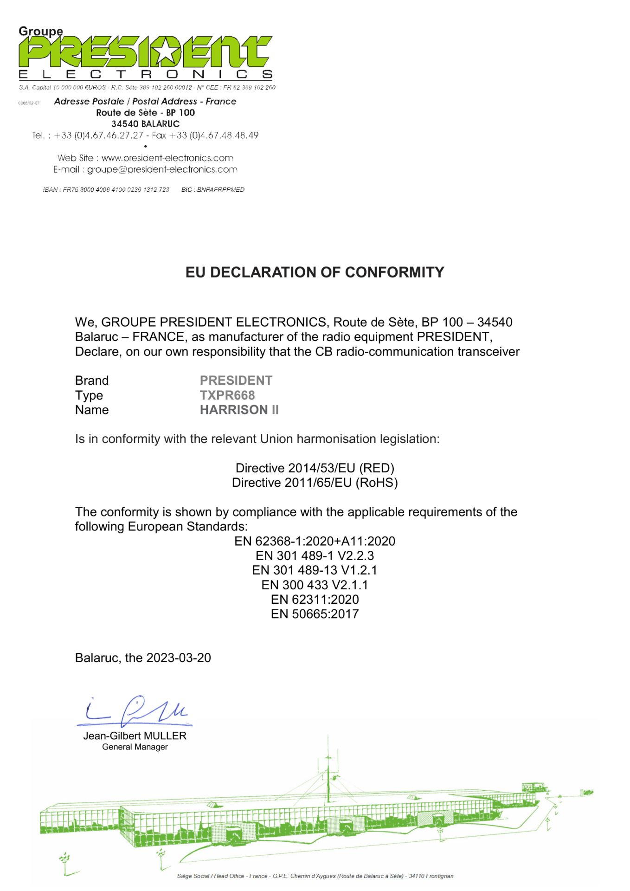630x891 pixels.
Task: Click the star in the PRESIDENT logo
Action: pos(165,52)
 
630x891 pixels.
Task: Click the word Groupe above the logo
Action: pos(41,31)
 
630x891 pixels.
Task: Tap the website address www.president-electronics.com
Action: pos(167,158)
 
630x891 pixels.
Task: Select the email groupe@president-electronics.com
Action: pos(162,169)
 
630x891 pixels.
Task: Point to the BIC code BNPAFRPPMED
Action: pos(220,190)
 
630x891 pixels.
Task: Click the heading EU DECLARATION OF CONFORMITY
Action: pos(315,272)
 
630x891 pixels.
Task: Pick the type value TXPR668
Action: pos(227,395)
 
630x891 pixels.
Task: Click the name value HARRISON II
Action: pos(239,410)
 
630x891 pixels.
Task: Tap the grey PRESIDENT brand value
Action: pos(236,381)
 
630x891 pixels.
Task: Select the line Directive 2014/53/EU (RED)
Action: pos(315,468)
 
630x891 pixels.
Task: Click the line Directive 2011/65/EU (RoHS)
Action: pos(315,483)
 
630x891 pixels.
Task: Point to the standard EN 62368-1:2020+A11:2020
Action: pos(315,541)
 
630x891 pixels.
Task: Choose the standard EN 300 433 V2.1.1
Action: pos(315,585)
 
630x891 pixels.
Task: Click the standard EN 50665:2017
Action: pos(315,614)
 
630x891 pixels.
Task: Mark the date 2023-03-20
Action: pos(179,658)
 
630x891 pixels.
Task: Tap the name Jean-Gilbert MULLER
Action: pos(135,736)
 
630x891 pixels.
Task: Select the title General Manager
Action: pos(135,747)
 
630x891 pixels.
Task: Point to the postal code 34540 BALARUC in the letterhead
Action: pos(145,124)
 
